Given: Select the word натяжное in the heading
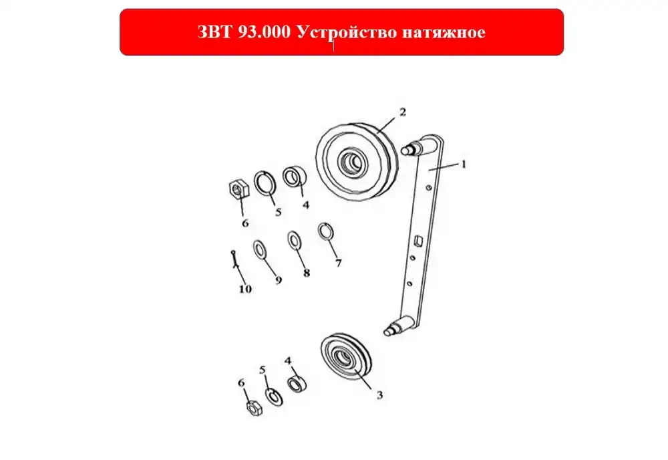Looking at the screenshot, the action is click(x=444, y=32).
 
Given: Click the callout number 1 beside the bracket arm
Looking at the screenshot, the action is click(x=464, y=164).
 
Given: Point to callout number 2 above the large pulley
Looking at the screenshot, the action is click(x=403, y=112).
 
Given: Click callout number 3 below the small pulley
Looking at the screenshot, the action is click(x=379, y=395).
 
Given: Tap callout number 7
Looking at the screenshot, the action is click(x=338, y=263).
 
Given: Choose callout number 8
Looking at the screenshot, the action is click(x=307, y=273).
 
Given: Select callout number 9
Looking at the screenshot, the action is click(x=279, y=280).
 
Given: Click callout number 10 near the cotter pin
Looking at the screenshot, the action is click(x=245, y=289).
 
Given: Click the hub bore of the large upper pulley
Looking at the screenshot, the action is click(x=353, y=162).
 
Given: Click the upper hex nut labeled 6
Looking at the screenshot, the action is click(x=238, y=188).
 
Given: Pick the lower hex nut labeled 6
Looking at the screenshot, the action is click(x=255, y=408).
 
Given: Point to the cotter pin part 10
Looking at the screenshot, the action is click(x=234, y=259).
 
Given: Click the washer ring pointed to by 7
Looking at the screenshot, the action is click(x=326, y=231).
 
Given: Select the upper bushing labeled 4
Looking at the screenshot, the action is click(x=294, y=177).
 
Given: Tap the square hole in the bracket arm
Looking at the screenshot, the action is click(x=418, y=241).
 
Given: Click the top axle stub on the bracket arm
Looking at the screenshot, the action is click(x=410, y=149).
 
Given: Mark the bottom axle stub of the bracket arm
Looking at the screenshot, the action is click(x=393, y=328).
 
